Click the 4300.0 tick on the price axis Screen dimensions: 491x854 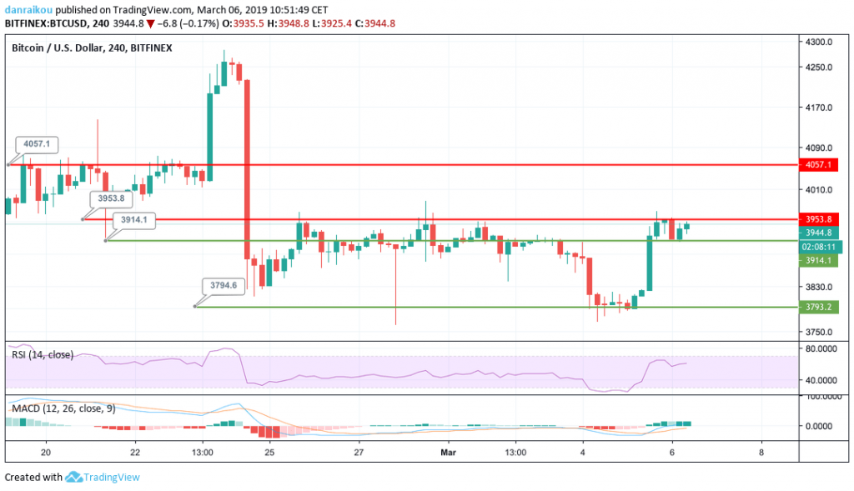coord(821,42)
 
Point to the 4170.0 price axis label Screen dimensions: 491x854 coord(821,108)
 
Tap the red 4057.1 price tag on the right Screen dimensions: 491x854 coord(818,165)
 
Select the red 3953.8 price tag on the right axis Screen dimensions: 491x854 coord(818,219)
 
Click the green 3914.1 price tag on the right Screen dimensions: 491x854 coord(818,261)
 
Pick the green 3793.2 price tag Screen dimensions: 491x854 coord(818,307)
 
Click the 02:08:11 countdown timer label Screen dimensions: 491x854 coord(818,247)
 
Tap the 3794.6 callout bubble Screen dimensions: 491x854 coord(224,285)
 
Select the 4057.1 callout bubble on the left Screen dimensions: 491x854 coord(37,144)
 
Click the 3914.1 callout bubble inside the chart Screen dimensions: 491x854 coord(133,219)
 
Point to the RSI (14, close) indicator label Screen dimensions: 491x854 coord(43,355)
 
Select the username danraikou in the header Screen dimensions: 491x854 coord(30,8)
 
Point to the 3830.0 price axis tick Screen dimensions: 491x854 coord(821,288)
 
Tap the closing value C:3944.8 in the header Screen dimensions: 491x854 coord(374,23)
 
